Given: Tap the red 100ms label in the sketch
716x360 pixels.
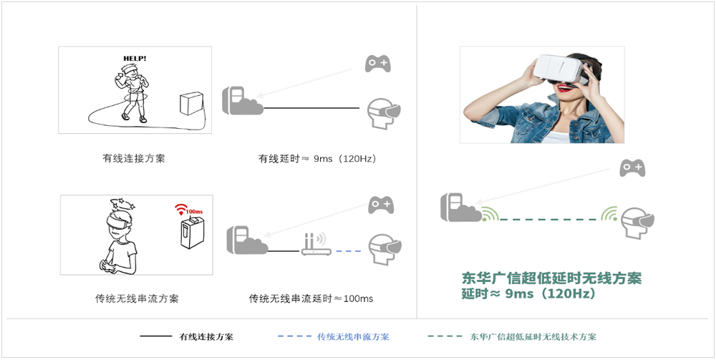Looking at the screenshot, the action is pyautogui.click(x=195, y=212).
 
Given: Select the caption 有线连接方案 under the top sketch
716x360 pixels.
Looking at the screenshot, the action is pyautogui.click(x=134, y=159).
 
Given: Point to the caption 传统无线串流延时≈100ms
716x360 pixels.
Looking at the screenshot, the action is pyautogui.click(x=311, y=299).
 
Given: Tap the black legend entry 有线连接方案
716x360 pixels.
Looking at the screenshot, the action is pyautogui.click(x=206, y=337).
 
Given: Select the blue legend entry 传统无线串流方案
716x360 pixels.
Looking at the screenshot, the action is pyautogui.click(x=353, y=337).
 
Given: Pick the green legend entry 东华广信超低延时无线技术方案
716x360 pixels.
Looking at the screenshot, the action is pyautogui.click(x=533, y=337).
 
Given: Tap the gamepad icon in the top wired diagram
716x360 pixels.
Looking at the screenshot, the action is pyautogui.click(x=377, y=64).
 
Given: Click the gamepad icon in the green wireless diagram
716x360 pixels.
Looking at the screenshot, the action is pyautogui.click(x=632, y=168).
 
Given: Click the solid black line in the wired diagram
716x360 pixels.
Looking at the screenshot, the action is pyautogui.click(x=311, y=108).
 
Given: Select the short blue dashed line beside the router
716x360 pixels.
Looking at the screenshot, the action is pyautogui.click(x=349, y=251).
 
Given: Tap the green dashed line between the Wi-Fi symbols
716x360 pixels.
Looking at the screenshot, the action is pyautogui.click(x=548, y=220).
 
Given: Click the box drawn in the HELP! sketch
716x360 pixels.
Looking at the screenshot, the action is pyautogui.click(x=191, y=104).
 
